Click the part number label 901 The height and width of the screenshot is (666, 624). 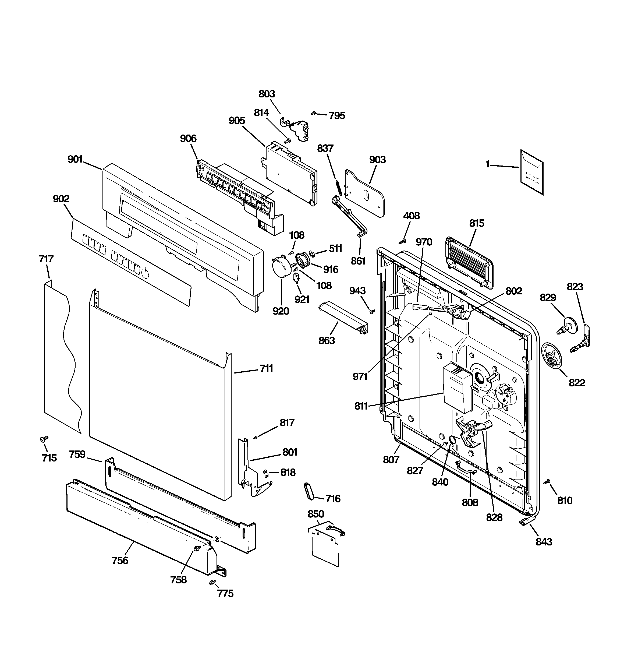pos(75,159)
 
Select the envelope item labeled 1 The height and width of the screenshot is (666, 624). pos(531,172)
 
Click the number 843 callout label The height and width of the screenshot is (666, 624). pos(544,542)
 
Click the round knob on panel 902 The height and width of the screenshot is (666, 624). pos(145,273)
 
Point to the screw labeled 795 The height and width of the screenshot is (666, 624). pos(314,113)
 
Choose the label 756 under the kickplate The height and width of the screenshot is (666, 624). pos(120,561)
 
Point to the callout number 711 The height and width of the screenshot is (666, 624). pos(266,368)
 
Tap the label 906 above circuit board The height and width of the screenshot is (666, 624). pos(188,138)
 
